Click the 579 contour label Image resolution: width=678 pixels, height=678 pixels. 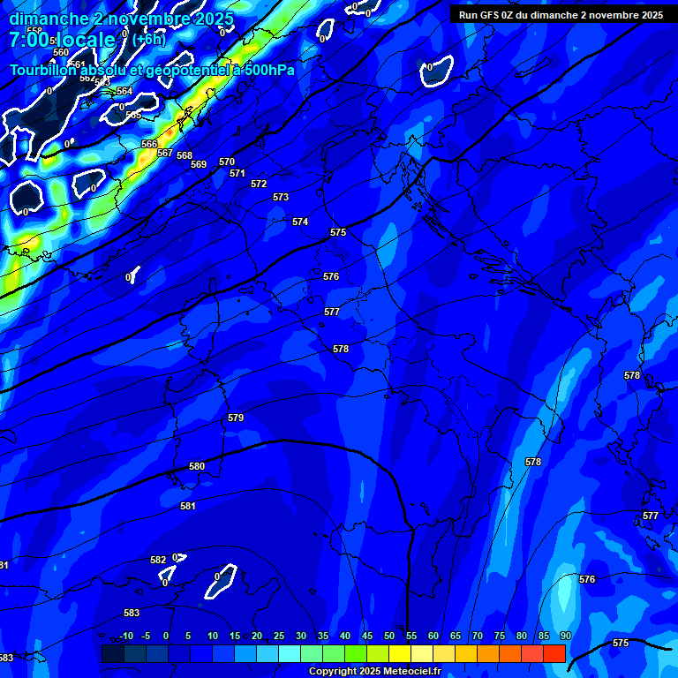(x=235, y=418)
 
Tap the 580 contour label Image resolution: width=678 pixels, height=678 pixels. (x=197, y=466)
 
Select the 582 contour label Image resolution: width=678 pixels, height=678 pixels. (x=158, y=560)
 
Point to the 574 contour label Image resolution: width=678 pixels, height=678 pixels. (x=300, y=222)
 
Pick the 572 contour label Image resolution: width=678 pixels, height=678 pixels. (x=259, y=184)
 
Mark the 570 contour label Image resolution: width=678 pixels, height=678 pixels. (x=227, y=162)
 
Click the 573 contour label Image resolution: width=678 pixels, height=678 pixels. (x=281, y=197)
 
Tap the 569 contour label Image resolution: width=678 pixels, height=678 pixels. (x=199, y=164)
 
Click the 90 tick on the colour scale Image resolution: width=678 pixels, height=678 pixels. (x=565, y=636)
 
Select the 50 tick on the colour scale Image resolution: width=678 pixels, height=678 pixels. (x=389, y=636)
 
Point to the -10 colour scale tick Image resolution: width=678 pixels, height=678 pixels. (x=126, y=636)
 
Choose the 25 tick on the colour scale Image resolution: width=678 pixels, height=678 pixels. (x=279, y=636)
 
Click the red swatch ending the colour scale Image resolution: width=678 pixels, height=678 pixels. (x=554, y=653)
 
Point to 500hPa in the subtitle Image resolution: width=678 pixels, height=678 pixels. (x=267, y=71)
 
